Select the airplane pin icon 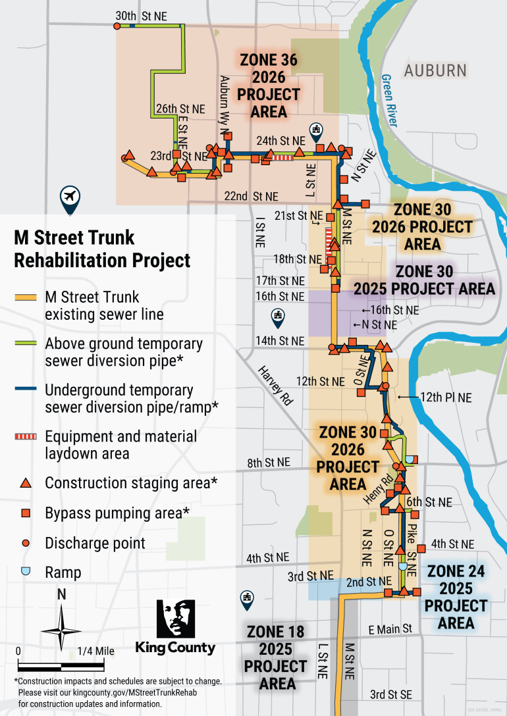[x=69, y=198]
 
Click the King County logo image [x=175, y=626]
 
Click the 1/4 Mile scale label [x=95, y=652]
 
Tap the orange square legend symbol [x=26, y=513]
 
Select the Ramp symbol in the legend [x=26, y=572]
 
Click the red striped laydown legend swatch [x=26, y=436]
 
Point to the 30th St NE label [x=141, y=15]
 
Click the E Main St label [x=390, y=630]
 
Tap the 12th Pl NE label [x=446, y=397]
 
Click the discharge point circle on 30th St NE [x=117, y=26]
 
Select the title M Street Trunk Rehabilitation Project [x=102, y=249]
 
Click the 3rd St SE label [x=391, y=694]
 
